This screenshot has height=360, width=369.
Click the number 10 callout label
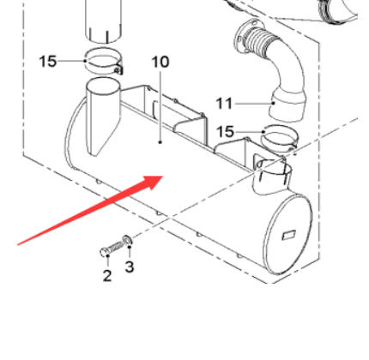point(160,62)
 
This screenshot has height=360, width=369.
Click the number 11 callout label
point(224,104)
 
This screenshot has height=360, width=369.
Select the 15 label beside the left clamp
point(48,62)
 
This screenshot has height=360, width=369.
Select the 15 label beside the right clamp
point(225,132)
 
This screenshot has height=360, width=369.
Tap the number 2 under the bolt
point(107,276)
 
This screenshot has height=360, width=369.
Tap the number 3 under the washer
point(130,267)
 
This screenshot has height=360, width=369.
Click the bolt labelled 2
point(112,249)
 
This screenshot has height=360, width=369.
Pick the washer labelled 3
point(127,240)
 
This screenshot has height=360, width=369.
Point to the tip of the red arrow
point(163,177)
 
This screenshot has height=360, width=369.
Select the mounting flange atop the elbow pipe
point(243,36)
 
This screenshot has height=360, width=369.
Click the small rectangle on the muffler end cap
point(289,235)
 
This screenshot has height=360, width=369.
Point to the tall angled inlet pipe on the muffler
point(102,114)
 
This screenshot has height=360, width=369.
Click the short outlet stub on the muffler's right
point(272,177)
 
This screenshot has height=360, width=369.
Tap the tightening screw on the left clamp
point(118,69)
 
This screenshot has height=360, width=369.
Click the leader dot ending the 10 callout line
point(160,142)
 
